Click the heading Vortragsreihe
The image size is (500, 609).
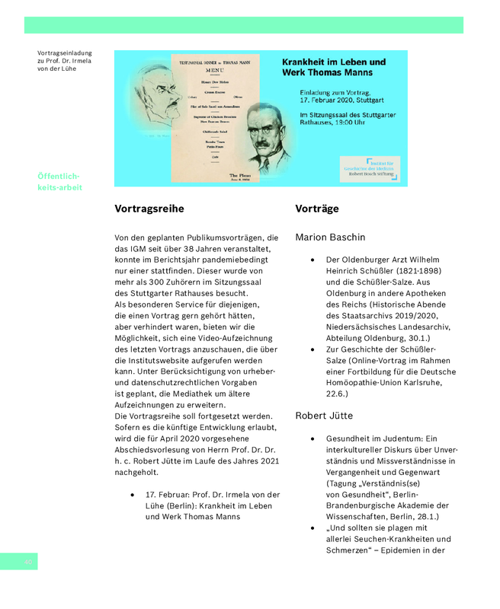149,209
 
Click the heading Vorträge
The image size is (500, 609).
316,209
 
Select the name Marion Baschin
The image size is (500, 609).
330,238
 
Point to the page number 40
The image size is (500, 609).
28,562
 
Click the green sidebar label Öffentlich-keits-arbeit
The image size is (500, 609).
59,182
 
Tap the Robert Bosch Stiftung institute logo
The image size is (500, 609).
371,167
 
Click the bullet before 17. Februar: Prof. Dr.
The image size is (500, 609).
133,495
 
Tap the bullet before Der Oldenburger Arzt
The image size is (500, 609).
312,260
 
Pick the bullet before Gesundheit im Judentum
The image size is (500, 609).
312,439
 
